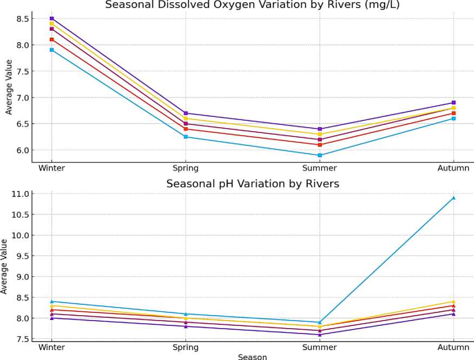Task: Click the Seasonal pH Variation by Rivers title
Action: (x=253, y=184)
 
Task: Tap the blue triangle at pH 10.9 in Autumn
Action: (x=453, y=198)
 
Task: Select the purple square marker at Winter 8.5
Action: (x=52, y=18)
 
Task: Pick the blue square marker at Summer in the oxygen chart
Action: (x=320, y=155)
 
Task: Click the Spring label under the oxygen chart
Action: (x=186, y=168)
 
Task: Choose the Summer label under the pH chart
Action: (x=320, y=346)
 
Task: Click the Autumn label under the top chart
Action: (x=453, y=168)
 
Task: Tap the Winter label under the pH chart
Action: (x=52, y=346)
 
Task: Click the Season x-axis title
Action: (x=252, y=356)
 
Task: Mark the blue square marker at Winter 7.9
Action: (x=52, y=50)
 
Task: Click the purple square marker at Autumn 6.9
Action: (x=453, y=103)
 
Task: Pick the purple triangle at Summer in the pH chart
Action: (x=320, y=335)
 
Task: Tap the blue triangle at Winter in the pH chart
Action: (x=52, y=302)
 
